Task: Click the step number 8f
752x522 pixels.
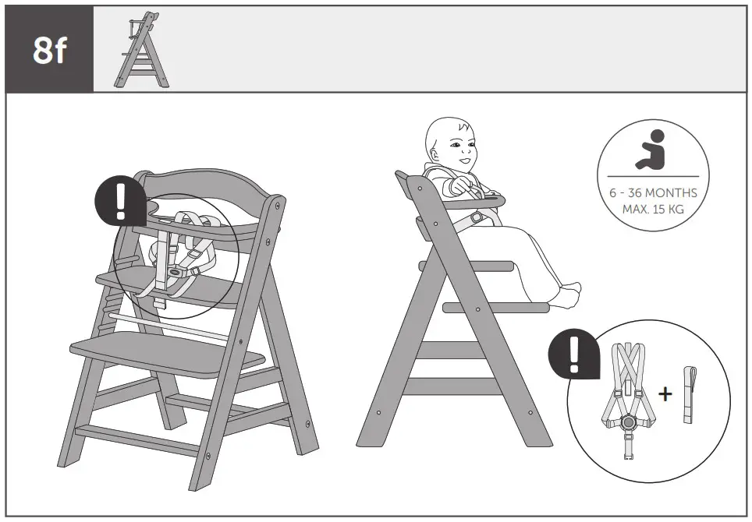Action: coord(49,51)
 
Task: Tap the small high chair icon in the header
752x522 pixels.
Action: coord(141,51)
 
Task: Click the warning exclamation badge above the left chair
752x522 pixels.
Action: coord(119,202)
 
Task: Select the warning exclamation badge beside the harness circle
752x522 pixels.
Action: coord(573,355)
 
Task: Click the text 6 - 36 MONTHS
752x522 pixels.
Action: coord(653,193)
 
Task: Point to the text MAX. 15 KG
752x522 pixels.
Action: coord(653,209)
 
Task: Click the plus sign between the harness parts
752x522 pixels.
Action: coord(665,394)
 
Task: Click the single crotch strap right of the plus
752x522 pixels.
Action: coord(688,394)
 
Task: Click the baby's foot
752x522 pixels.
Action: coord(571,293)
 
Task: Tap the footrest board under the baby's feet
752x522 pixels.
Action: coord(496,308)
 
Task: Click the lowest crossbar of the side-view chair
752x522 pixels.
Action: coord(452,386)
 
